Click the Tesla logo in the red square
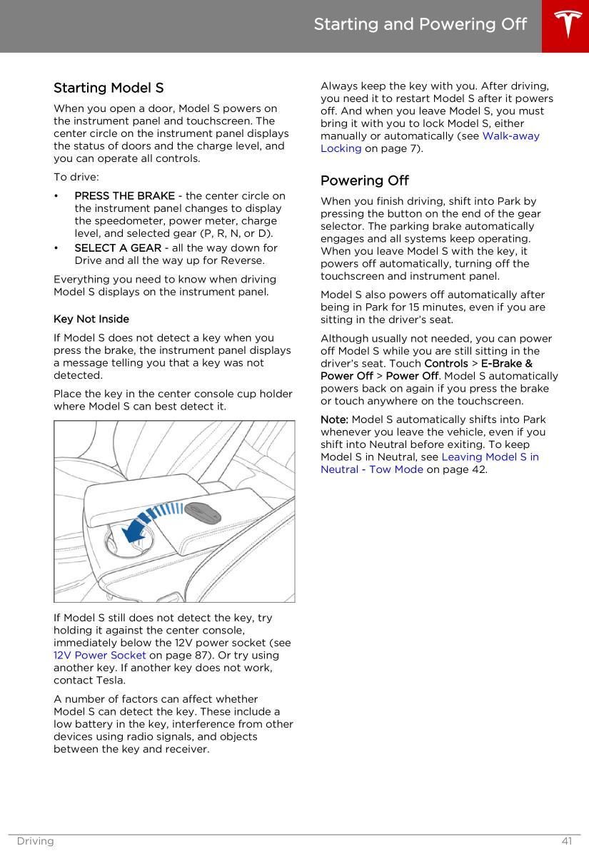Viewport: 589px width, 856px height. coord(565,26)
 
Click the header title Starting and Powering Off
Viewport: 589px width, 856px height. coord(420,25)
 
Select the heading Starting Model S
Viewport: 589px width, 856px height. coord(109,88)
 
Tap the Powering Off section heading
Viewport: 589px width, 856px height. coord(364,180)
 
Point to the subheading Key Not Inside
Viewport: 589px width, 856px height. coord(91,319)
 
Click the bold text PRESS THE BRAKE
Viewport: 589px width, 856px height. coord(124,195)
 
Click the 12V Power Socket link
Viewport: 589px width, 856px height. coord(100,655)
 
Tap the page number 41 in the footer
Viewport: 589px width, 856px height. coord(566,841)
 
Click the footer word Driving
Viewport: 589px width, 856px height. coord(35,841)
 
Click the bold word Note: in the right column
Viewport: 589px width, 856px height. coord(335,419)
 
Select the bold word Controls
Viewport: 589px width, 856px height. coord(446,363)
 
